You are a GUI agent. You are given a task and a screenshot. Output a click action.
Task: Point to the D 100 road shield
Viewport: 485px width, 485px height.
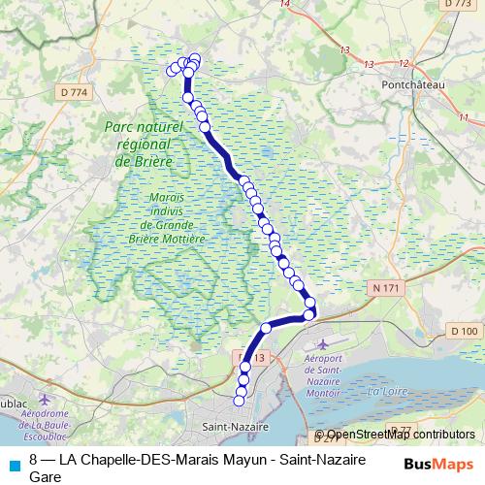pos(465,331)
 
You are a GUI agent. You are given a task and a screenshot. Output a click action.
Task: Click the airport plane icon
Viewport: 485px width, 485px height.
pos(323,344)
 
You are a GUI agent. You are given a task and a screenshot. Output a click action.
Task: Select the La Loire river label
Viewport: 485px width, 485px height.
pos(386,393)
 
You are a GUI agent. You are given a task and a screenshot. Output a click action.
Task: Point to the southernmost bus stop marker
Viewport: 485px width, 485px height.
pos(240,401)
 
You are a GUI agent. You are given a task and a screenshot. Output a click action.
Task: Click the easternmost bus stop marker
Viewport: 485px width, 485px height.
pos(310,314)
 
